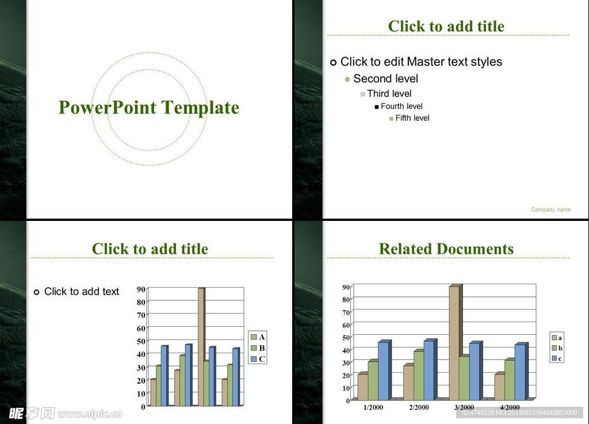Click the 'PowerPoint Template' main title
pyautogui.click(x=149, y=108)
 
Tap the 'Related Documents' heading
pyautogui.click(x=446, y=249)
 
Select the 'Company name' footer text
pyautogui.click(x=550, y=209)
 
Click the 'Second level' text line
pyautogui.click(x=386, y=78)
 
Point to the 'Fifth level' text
pyautogui.click(x=412, y=118)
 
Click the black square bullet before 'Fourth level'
pyautogui.click(x=377, y=107)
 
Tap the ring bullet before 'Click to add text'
pyautogui.click(x=36, y=292)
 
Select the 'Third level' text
pyautogui.click(x=389, y=94)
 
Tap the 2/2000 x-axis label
pyautogui.click(x=419, y=407)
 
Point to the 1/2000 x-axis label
pyautogui.click(x=373, y=407)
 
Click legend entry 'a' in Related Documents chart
pyautogui.click(x=557, y=338)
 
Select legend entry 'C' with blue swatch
pyautogui.click(x=258, y=359)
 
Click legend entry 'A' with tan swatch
pyautogui.click(x=258, y=337)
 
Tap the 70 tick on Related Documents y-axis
pyautogui.click(x=346, y=312)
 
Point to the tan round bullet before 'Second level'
pyautogui.click(x=347, y=79)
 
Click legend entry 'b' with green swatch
pyautogui.click(x=557, y=348)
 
